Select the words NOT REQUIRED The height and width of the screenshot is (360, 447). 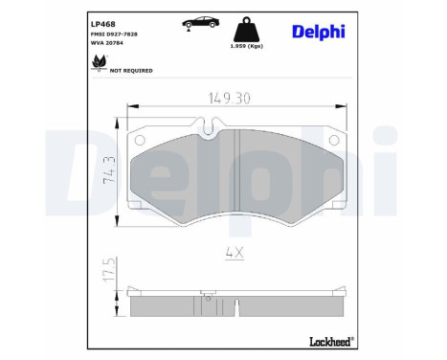pyautogui.click(x=132, y=70)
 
